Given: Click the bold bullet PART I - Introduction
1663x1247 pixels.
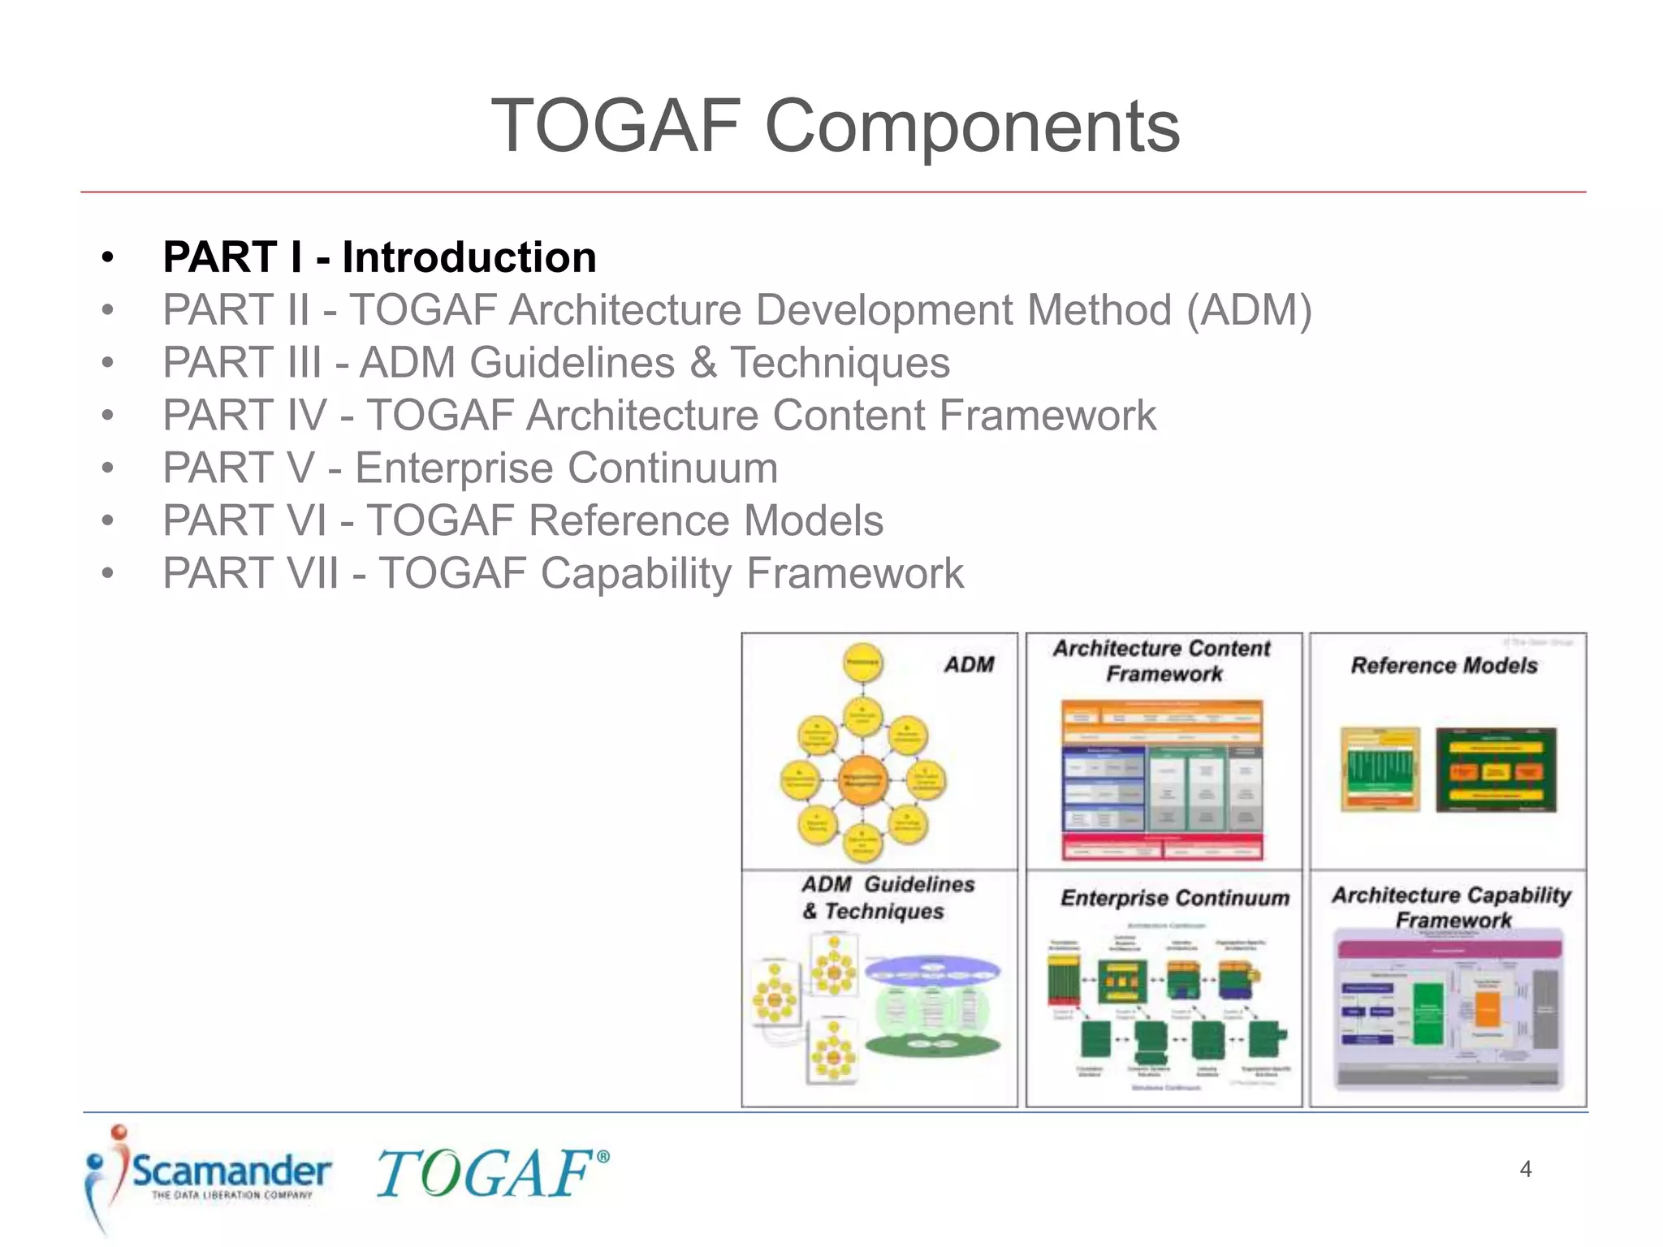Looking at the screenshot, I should (x=379, y=257).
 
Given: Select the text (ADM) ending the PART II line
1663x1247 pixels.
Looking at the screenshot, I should (x=1248, y=311).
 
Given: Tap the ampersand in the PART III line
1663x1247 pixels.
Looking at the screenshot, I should (x=703, y=363).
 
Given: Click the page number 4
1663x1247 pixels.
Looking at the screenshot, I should (x=1525, y=1169).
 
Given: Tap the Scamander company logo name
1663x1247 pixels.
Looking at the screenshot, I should (x=231, y=1171).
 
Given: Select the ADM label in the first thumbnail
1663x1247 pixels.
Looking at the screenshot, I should (x=969, y=665).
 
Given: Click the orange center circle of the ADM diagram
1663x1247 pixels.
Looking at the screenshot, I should (x=862, y=779).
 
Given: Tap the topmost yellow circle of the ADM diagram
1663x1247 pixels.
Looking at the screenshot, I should (x=862, y=662).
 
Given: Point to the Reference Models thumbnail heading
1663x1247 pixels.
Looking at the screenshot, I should (x=1444, y=666).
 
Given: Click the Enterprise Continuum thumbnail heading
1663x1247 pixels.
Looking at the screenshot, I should (x=1174, y=898).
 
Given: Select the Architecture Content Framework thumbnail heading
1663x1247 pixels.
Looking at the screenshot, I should (x=1163, y=661).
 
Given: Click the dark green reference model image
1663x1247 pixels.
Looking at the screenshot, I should (x=1496, y=770).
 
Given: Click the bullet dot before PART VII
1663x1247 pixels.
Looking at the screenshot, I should (x=108, y=574).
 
